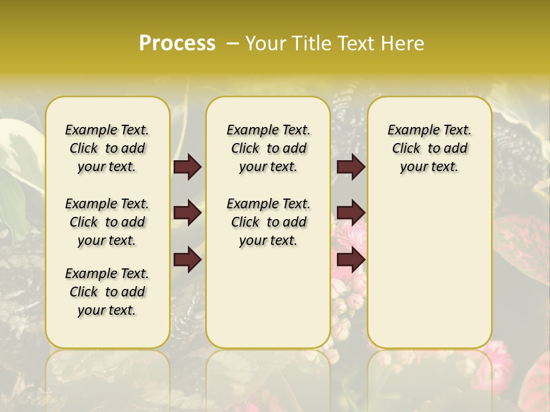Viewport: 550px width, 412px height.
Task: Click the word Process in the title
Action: coord(177,43)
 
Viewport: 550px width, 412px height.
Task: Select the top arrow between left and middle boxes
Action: coord(187,167)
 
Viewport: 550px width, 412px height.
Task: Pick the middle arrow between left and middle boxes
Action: coord(187,213)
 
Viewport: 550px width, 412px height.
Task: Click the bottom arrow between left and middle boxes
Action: coord(187,260)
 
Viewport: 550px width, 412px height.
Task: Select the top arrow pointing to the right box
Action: coord(351,167)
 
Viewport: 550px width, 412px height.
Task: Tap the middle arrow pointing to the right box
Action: coord(351,213)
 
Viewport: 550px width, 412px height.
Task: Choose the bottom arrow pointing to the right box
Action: coord(351,260)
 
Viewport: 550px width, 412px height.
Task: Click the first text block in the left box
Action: coord(107,148)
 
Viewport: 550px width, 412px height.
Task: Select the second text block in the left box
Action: coord(107,222)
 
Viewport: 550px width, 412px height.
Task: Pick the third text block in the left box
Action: coord(107,292)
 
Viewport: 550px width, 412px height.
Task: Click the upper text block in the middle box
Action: coord(268,148)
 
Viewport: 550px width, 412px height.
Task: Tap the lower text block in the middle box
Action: coord(268,222)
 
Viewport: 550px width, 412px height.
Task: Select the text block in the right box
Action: coord(429,148)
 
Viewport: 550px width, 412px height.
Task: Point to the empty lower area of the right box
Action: coord(429,263)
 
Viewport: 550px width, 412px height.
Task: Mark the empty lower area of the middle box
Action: coord(268,298)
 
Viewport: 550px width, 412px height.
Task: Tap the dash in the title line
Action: coord(233,43)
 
